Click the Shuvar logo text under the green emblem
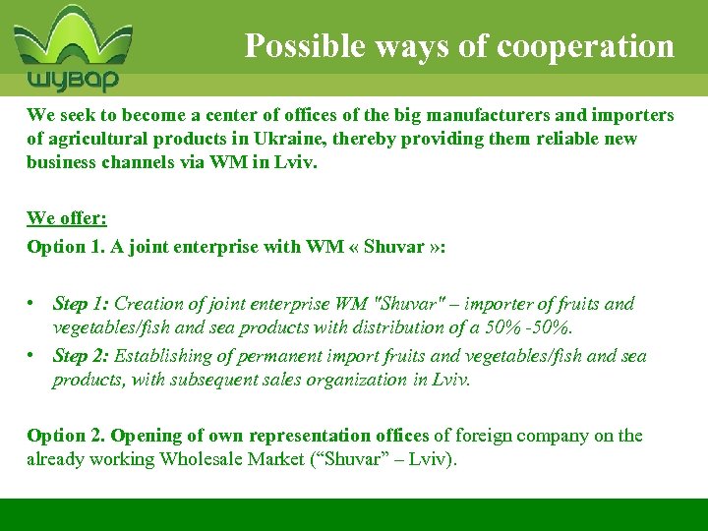point(72,79)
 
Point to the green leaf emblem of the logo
point(72,37)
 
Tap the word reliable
point(562,139)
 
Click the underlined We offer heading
point(66,217)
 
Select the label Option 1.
point(66,246)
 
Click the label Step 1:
point(83,304)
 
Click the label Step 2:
point(83,356)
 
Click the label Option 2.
point(66,435)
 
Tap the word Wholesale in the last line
point(203,458)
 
